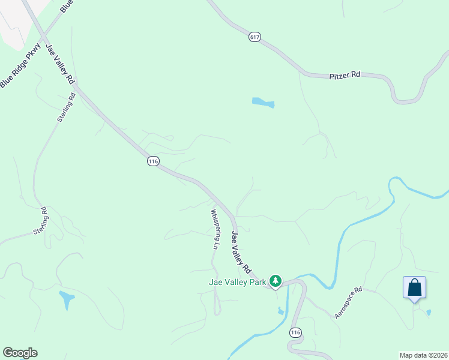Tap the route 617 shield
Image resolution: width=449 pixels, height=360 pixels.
(x=255, y=37)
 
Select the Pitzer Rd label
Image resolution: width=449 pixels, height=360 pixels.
(x=345, y=76)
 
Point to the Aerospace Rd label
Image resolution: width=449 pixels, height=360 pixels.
(x=349, y=302)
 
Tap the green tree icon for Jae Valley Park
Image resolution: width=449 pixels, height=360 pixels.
(x=276, y=281)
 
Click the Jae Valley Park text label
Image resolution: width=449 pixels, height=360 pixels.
(x=237, y=282)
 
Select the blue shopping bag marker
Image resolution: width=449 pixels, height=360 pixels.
(x=414, y=287)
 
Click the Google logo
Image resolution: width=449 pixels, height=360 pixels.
(x=20, y=353)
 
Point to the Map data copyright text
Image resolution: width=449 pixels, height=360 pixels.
(x=423, y=355)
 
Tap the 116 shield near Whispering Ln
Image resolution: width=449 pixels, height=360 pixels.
(x=153, y=161)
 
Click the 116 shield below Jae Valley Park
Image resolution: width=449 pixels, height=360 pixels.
(x=295, y=332)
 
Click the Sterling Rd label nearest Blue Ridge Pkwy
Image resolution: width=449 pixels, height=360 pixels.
(x=66, y=107)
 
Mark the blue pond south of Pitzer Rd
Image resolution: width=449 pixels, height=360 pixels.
(x=263, y=102)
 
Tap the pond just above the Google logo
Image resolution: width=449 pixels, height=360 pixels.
(x=67, y=298)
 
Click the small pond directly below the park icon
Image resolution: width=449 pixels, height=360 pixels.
(x=280, y=310)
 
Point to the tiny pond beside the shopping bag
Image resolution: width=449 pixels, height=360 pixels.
(x=428, y=312)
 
